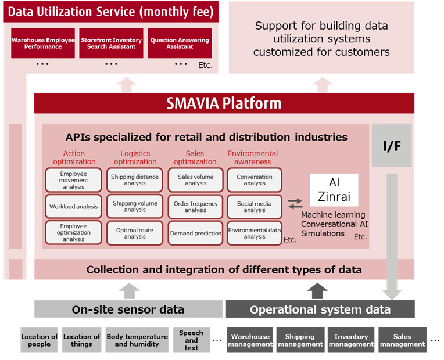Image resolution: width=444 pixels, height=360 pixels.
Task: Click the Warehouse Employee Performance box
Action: (x=43, y=43)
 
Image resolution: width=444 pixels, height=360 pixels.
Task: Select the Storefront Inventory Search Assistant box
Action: (x=111, y=43)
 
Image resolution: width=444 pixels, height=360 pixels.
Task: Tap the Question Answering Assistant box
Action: (x=180, y=43)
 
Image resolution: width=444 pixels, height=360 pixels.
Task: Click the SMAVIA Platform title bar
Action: (x=224, y=103)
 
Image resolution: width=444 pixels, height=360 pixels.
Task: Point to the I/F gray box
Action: (x=392, y=145)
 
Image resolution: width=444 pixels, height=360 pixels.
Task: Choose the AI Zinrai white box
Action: (x=334, y=190)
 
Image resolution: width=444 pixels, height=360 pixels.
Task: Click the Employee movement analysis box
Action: (x=74, y=180)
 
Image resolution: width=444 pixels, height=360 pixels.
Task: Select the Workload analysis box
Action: (x=74, y=207)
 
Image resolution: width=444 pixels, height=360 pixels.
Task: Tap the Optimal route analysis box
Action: (x=135, y=233)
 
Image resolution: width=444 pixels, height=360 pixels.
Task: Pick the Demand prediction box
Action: (x=196, y=233)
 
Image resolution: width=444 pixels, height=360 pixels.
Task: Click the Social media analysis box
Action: (x=255, y=207)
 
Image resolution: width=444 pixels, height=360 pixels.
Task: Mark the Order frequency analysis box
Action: (x=196, y=207)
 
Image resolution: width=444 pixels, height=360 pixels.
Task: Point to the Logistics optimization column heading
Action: (x=135, y=157)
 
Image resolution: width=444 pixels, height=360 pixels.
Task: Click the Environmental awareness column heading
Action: (x=253, y=157)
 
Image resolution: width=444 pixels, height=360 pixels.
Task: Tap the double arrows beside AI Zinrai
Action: (x=295, y=204)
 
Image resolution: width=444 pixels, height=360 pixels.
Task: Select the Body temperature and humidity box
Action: (x=137, y=340)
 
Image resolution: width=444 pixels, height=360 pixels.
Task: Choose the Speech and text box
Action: (x=191, y=340)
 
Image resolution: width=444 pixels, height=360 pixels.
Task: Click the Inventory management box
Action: (x=351, y=340)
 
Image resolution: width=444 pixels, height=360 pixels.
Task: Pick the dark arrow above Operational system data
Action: (x=317, y=291)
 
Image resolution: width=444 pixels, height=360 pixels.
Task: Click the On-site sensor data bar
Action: (x=128, y=309)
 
